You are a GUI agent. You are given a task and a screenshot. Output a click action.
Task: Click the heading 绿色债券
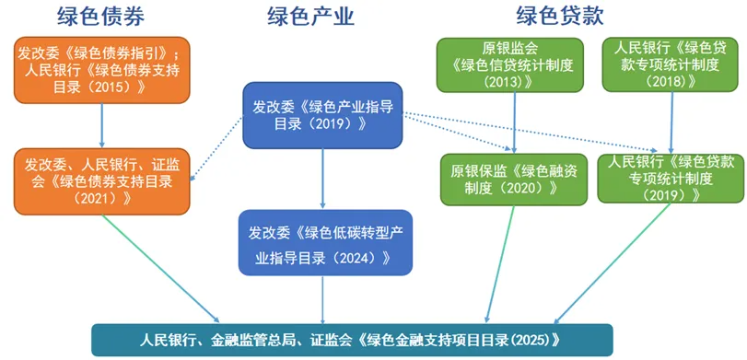coord(100,16)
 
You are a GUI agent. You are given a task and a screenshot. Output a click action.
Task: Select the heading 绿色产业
coord(310,16)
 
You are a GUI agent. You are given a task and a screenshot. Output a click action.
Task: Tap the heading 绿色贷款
coord(560,16)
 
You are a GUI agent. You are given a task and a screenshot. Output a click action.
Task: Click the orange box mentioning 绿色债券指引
coord(102,70)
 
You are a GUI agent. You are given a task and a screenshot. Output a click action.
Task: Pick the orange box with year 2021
coord(102,181)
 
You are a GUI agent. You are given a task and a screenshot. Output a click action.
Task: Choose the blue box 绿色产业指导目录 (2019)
coord(323,115)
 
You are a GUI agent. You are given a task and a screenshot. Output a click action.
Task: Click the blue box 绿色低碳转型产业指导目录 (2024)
coord(325,242)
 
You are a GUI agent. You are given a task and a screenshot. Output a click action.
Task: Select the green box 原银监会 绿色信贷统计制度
coord(510,64)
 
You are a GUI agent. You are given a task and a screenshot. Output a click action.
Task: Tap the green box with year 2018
coord(673,64)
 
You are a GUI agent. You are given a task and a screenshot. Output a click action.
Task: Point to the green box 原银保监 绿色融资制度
coord(514,179)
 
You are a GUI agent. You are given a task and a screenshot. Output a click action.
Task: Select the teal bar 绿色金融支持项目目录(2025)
coord(352,340)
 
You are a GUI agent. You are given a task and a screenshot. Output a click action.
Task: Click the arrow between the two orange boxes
coord(101,126)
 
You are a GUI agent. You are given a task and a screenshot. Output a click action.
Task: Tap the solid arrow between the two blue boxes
coord(323,179)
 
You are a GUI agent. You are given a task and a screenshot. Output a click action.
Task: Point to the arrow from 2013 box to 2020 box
coord(515,122)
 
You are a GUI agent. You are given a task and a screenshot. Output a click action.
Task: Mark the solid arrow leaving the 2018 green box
coord(672,122)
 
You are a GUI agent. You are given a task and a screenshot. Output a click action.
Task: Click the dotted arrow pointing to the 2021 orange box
coord(216,148)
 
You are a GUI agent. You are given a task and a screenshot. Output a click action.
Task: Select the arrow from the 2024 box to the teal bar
coord(323,299)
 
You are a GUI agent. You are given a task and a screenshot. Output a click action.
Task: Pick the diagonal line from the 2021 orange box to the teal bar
coord(161,269)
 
